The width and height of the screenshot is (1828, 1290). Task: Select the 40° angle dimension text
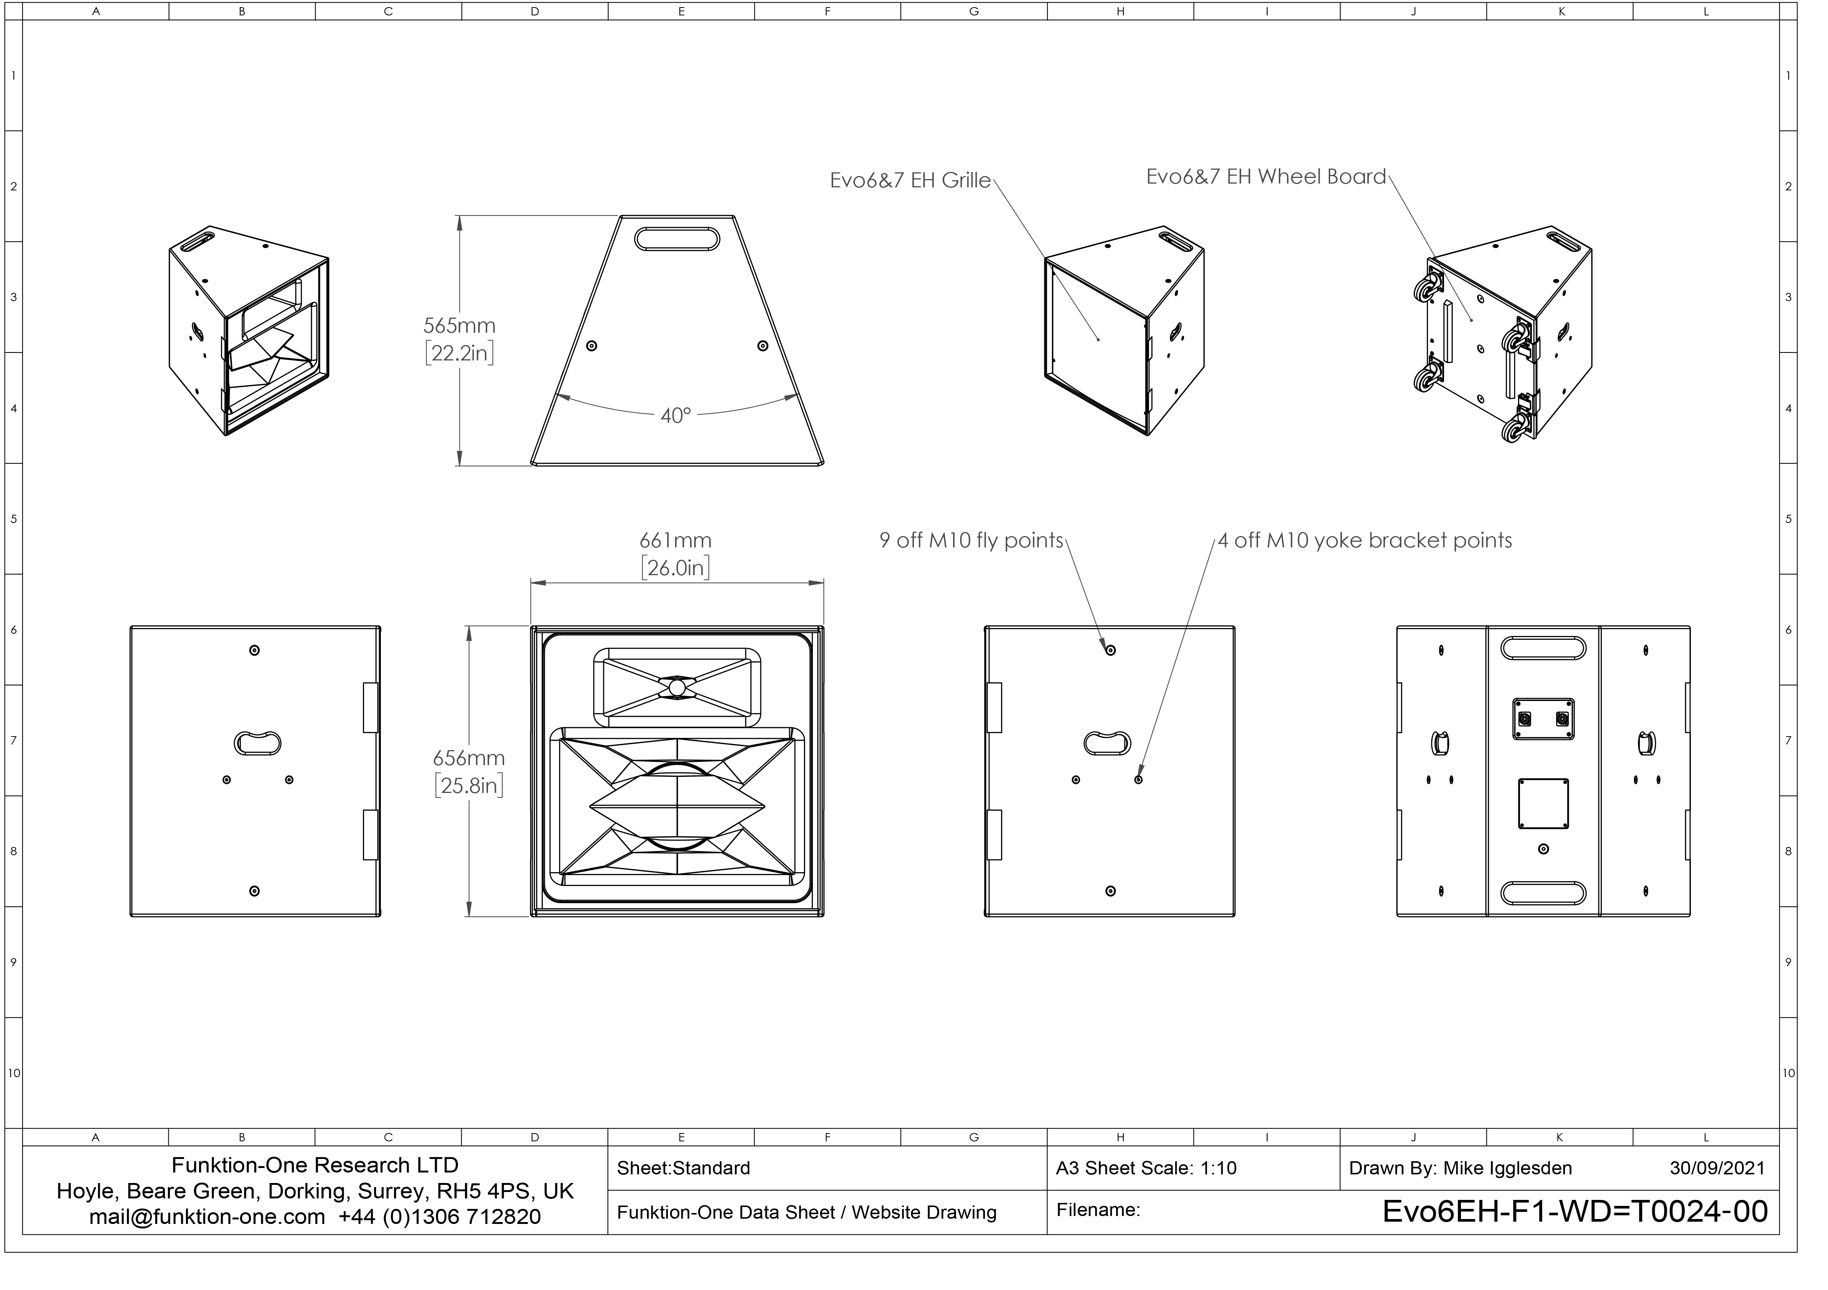pyautogui.click(x=675, y=415)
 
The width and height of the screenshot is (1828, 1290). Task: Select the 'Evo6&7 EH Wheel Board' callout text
pyautogui.click(x=1266, y=177)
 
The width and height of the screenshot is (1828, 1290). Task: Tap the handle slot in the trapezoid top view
pyautogui.click(x=677, y=239)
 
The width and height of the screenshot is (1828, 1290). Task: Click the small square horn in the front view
pyautogui.click(x=677, y=687)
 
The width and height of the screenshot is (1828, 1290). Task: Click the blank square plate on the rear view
pyautogui.click(x=1543, y=804)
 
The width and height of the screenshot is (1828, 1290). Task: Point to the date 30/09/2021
pyautogui.click(x=1716, y=1168)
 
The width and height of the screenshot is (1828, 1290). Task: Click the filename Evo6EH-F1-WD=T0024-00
pyautogui.click(x=1575, y=1211)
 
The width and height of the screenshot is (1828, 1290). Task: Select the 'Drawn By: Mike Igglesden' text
pyautogui.click(x=1460, y=1168)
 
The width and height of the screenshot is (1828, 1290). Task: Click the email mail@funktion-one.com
pyautogui.click(x=207, y=1217)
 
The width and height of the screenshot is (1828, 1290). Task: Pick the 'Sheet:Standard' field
pyautogui.click(x=683, y=1168)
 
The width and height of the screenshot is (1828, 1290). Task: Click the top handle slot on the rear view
pyautogui.click(x=1543, y=648)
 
